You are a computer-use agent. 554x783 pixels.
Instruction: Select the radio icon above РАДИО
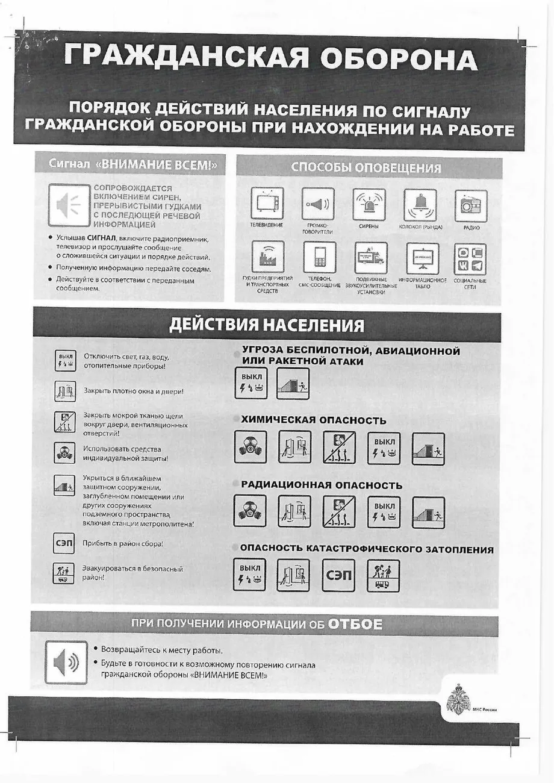click(470, 205)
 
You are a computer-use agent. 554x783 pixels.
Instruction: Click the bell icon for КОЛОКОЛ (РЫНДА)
click(420, 205)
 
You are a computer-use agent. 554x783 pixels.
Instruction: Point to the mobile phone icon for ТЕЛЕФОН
click(319, 258)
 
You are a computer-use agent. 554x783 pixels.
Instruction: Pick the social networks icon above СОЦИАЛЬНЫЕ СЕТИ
click(470, 258)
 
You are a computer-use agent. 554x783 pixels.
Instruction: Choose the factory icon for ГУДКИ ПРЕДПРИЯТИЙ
click(267, 258)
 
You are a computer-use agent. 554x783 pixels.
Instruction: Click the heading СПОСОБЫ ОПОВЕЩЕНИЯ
click(366, 168)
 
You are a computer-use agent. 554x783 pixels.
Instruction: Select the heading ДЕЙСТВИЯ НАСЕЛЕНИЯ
click(266, 326)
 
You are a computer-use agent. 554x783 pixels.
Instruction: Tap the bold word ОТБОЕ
click(355, 625)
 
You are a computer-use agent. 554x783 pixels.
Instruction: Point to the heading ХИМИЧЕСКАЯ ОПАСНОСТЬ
click(313, 420)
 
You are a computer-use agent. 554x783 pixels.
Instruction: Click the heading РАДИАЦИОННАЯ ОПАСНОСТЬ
click(322, 485)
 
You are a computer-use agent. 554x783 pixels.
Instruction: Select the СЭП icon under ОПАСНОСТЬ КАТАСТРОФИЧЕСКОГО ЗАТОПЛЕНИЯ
click(338, 575)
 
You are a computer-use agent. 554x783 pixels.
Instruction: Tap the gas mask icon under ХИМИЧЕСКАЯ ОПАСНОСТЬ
click(250, 448)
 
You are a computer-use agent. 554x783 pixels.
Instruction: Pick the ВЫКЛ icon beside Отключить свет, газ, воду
click(65, 360)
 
